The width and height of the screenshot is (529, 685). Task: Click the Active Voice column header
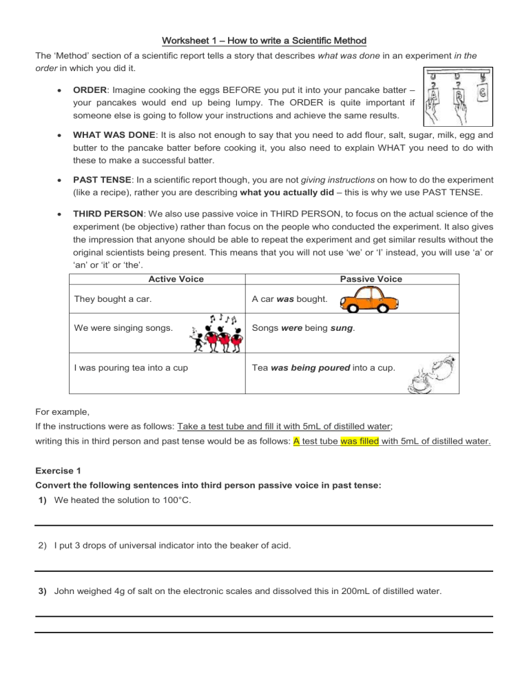coord(176,279)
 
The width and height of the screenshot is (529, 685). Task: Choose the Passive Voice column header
coord(371,279)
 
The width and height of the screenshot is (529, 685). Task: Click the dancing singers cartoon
coord(214,331)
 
